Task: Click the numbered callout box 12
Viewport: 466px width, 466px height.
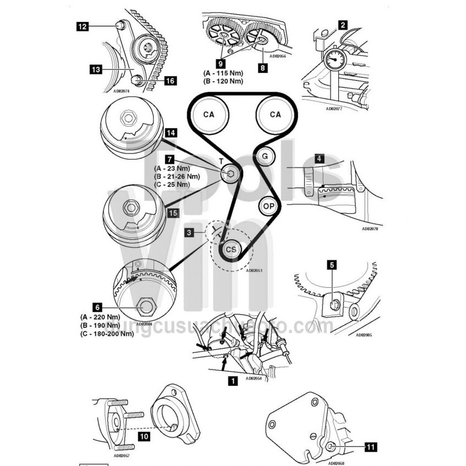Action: click(x=82, y=25)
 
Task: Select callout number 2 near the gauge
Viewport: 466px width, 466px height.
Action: click(x=343, y=24)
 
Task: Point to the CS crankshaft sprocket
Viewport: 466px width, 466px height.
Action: click(x=231, y=249)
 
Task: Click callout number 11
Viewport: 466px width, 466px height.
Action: click(x=371, y=447)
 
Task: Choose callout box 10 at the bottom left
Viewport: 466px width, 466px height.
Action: click(x=144, y=437)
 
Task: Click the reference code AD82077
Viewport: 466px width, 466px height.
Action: click(x=335, y=109)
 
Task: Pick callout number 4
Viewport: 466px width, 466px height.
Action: click(x=319, y=158)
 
